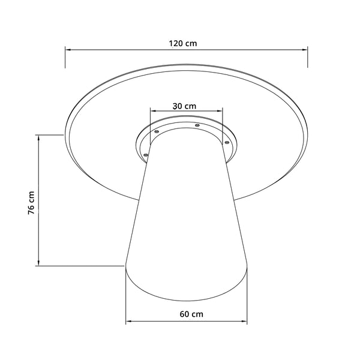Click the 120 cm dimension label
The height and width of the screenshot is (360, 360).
pos(183,43)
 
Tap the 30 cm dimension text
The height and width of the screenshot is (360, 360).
pos(184,106)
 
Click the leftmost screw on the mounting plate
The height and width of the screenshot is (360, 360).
pos(145,155)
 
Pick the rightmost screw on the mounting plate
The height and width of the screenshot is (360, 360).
pos(227,142)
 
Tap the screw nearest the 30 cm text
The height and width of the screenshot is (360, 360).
pos(196,125)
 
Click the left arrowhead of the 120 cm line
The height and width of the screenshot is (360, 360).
pos(68,50)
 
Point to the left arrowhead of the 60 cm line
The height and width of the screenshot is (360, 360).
pos(128,323)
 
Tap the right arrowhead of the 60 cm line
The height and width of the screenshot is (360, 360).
pos(244,323)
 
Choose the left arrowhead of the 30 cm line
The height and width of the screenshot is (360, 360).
pos(153,112)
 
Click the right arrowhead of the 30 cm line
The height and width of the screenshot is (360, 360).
pos(220,112)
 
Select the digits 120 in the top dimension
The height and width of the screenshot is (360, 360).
pos(175,43)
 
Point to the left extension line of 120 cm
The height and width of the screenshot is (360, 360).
pos(65,57)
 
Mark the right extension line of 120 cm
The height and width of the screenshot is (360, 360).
pos(308,57)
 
